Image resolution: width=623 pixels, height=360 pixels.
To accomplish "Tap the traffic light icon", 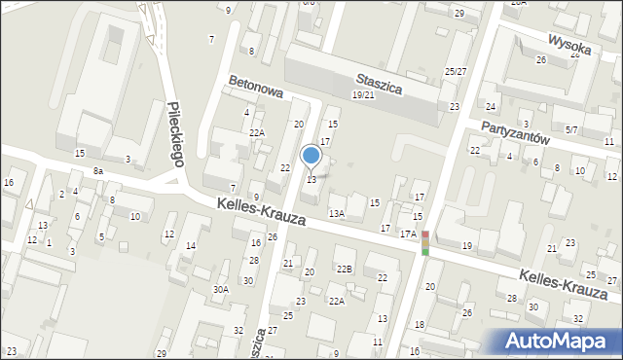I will pyautogui.click(x=424, y=243).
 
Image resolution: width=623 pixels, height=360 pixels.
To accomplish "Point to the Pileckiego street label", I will pyautogui.click(x=175, y=134).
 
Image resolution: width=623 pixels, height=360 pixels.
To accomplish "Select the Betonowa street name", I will pyautogui.click(x=255, y=90).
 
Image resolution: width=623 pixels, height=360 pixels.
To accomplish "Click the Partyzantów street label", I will pyautogui.click(x=516, y=132).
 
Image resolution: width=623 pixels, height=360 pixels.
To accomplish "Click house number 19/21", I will pyautogui.click(x=362, y=95).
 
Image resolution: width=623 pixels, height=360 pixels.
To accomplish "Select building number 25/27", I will pyautogui.click(x=455, y=72).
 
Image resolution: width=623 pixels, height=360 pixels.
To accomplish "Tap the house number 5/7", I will pyautogui.click(x=571, y=129).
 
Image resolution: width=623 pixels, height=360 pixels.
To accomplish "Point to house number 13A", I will pyautogui.click(x=337, y=213).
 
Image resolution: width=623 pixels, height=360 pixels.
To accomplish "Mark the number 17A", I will pyautogui.click(x=408, y=234).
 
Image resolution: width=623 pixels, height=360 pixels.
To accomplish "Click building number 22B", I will pyautogui.click(x=345, y=269).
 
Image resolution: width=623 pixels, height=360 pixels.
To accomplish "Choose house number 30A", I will pyautogui.click(x=221, y=289).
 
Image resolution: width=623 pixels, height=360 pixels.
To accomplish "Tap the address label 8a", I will pyautogui.click(x=97, y=171).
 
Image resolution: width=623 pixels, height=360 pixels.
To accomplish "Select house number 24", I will pyautogui.click(x=491, y=106).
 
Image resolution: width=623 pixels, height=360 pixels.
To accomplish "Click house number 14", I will pyautogui.click(x=191, y=246).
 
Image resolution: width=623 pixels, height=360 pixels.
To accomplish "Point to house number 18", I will pyautogui.click(x=420, y=324).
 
